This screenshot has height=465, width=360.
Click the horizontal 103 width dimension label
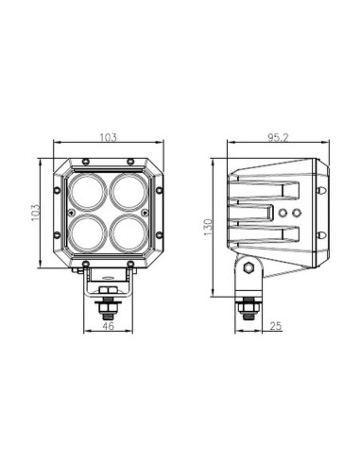click(109, 138)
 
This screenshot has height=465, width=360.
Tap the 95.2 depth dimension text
click(277, 138)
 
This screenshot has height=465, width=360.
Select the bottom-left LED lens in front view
click(89, 231)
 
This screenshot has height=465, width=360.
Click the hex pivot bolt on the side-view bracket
click(248, 268)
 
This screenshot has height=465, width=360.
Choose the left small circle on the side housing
click(283, 215)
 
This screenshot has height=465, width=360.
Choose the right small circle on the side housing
click(297, 215)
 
